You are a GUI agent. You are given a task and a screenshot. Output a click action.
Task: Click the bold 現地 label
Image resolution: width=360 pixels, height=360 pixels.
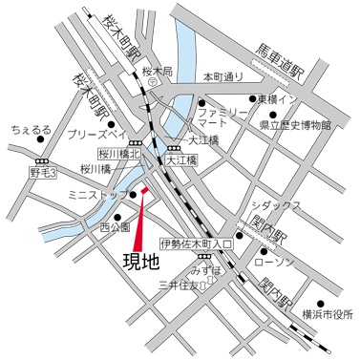[140, 260]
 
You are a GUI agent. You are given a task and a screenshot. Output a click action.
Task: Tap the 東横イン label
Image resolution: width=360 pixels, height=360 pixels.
[285, 98]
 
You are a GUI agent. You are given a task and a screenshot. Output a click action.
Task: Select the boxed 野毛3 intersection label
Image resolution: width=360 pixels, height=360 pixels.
[43, 173]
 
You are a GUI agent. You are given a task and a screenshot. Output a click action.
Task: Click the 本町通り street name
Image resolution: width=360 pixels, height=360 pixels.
[224, 75]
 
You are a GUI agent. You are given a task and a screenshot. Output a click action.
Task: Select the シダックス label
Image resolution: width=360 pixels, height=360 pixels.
[278, 205]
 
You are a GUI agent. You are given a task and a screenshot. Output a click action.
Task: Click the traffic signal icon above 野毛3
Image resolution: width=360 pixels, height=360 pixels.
[42, 160]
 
